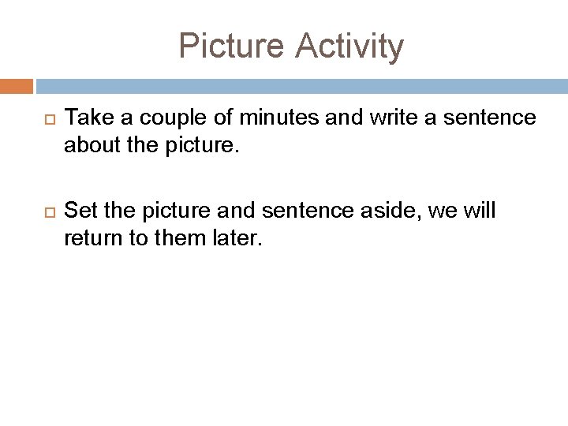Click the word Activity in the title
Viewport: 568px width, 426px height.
pyautogui.click(x=349, y=46)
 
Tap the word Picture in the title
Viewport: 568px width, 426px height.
pyautogui.click(x=232, y=46)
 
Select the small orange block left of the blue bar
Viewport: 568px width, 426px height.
pyautogui.click(x=17, y=85)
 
